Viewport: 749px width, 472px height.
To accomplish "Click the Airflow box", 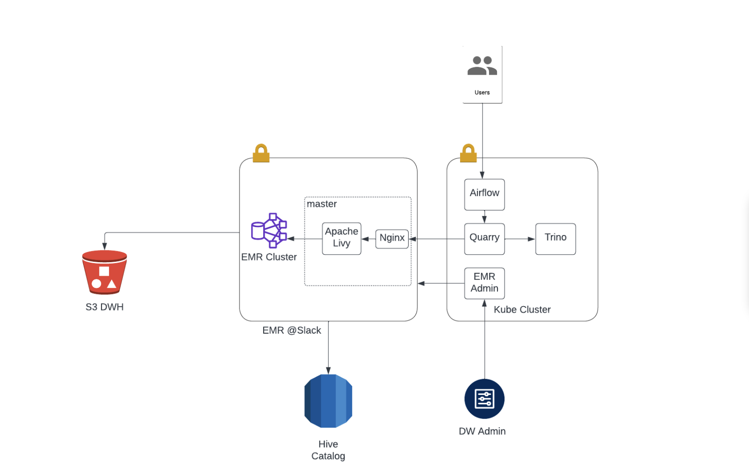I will pos(484,194).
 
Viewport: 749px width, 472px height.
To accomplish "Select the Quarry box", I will pos(484,239).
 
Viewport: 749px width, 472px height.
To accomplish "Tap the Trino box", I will pos(555,239).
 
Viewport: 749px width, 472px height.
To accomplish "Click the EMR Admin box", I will pos(484,283).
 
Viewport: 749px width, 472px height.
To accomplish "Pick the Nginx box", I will pos(392,238).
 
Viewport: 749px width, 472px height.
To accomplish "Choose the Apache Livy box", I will pos(341,238).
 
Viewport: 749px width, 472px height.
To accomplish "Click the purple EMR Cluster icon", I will pos(269,230).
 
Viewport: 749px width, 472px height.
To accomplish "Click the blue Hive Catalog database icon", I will pos(328,401).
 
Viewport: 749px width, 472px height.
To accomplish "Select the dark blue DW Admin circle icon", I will pos(484,399).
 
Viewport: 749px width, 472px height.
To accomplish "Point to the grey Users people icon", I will pos(482,66).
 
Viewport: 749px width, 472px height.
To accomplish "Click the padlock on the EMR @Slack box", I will pos(261,153).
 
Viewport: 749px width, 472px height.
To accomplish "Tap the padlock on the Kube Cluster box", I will pos(468,153).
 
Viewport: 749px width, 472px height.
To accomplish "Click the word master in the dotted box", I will pos(322,204).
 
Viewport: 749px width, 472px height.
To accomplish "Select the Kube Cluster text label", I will pos(522,309).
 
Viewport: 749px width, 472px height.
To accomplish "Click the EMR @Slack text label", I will pos(291,330).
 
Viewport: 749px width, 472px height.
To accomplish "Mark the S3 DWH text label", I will pos(104,307).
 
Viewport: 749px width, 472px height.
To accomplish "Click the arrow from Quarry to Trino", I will pos(520,239).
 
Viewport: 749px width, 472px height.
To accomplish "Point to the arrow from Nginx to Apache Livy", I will pos(368,239).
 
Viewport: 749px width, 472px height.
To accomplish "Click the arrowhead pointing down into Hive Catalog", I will pos(328,371).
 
